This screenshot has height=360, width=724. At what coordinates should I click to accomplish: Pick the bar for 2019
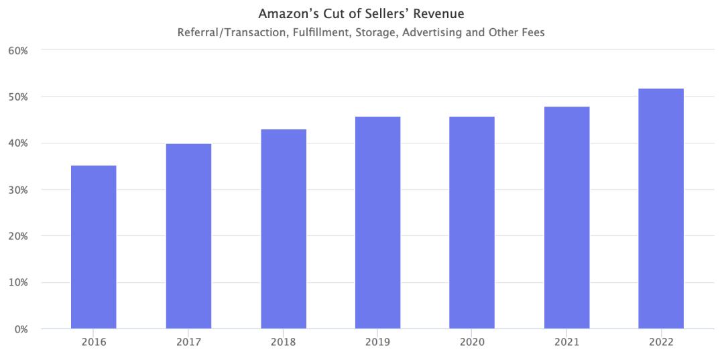pyautogui.click(x=378, y=223)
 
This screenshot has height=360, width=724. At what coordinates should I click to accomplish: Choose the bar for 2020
pyautogui.click(x=472, y=223)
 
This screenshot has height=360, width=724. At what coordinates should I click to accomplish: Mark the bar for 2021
pyautogui.click(x=567, y=217)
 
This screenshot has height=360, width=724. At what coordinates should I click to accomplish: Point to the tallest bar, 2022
pyautogui.click(x=661, y=208)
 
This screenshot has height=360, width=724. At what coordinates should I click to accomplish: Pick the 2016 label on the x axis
pyautogui.click(x=94, y=343)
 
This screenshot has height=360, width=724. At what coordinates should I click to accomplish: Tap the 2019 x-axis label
pyautogui.click(x=378, y=343)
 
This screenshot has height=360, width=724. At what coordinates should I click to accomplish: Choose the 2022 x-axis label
pyautogui.click(x=661, y=343)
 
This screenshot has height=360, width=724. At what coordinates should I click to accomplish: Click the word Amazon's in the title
pyautogui.click(x=284, y=13)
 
